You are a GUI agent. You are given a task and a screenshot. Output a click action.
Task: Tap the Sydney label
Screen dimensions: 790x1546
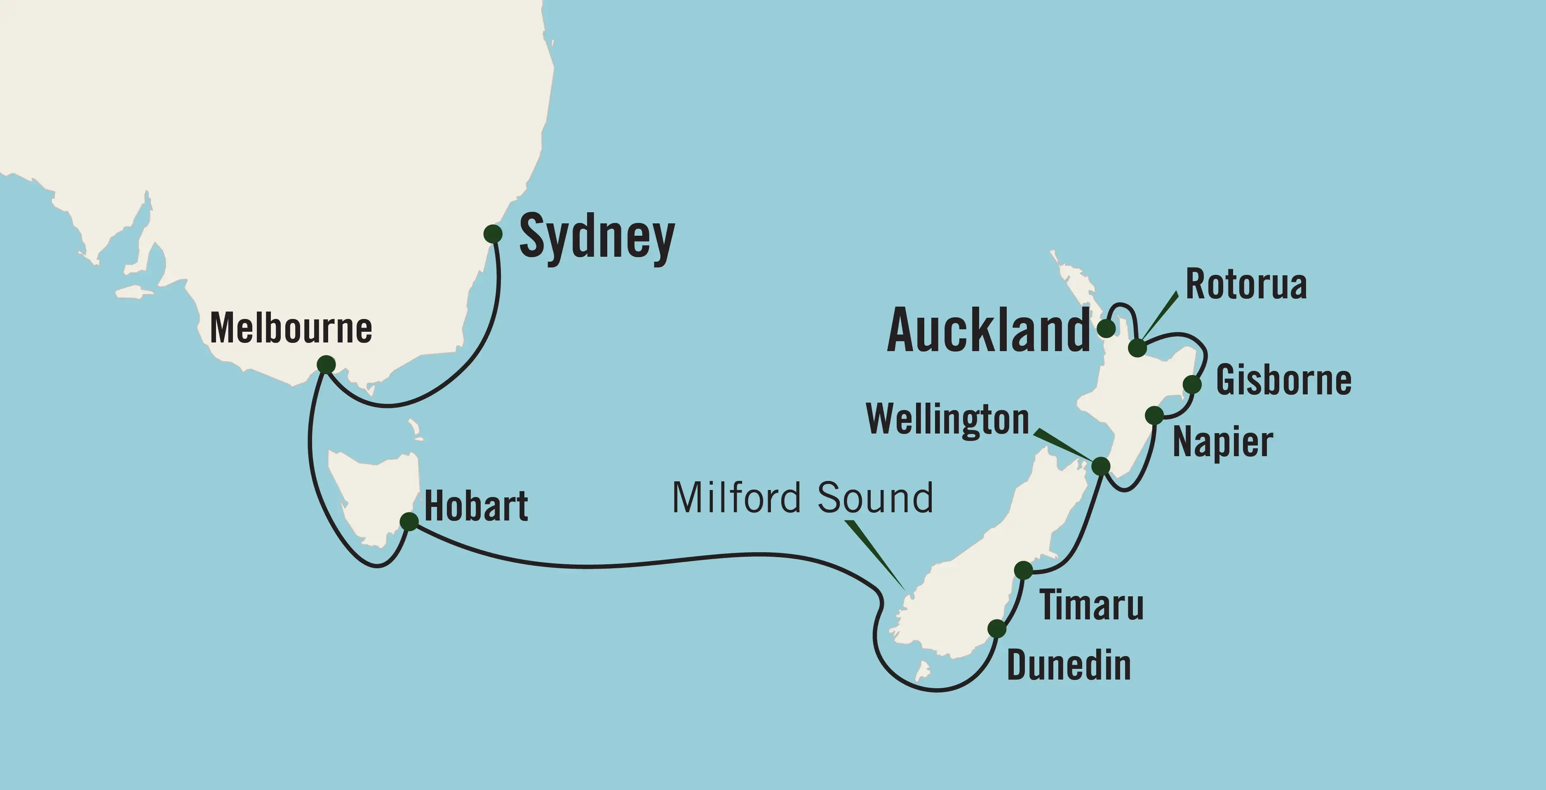click(x=597, y=238)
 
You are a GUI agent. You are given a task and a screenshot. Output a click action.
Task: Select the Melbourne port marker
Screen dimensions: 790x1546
click(x=326, y=364)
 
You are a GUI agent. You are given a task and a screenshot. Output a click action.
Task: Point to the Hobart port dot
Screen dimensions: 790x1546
click(x=409, y=521)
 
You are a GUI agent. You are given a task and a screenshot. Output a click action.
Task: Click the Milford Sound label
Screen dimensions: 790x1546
click(x=802, y=498)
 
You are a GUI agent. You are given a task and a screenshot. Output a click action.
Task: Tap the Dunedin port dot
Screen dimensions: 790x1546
click(x=997, y=628)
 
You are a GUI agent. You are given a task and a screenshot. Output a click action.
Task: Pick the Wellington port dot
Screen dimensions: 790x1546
click(x=1101, y=466)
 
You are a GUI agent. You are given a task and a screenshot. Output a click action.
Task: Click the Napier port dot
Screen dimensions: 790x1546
click(x=1154, y=415)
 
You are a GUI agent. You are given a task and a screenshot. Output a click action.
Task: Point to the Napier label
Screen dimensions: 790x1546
click(x=1222, y=443)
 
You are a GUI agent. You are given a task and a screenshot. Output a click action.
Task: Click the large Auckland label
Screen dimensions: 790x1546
click(x=988, y=331)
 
